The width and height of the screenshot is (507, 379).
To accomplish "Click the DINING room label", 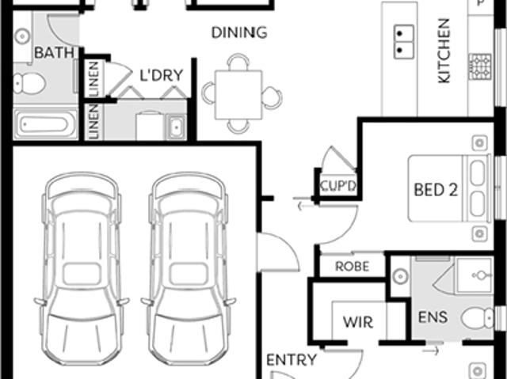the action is click(239, 32).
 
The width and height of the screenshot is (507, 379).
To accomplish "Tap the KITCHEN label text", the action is click(444, 51).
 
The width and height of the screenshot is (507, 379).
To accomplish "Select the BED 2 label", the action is click(436, 190).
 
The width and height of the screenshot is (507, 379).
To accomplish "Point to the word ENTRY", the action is click(292, 360).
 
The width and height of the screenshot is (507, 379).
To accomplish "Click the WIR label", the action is click(358, 322).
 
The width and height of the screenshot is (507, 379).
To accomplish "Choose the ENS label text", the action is click(433, 317).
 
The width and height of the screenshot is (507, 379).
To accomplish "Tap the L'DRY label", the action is click(162, 75).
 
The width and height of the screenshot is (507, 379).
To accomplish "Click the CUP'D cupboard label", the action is click(338, 186).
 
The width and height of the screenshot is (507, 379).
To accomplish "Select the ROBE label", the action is click(352, 267).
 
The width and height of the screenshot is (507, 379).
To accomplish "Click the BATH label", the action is click(54, 53).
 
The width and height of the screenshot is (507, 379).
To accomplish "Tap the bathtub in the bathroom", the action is click(45, 124).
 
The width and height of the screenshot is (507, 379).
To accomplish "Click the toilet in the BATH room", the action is click(29, 83).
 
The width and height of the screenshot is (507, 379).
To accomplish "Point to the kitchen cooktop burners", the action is click(480, 67).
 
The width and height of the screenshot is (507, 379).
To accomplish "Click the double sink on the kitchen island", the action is click(403, 42).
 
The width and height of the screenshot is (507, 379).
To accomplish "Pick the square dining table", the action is click(238, 95).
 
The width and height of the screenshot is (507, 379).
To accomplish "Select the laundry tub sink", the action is click(176, 127).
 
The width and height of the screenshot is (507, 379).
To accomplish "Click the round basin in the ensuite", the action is click(400, 277).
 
